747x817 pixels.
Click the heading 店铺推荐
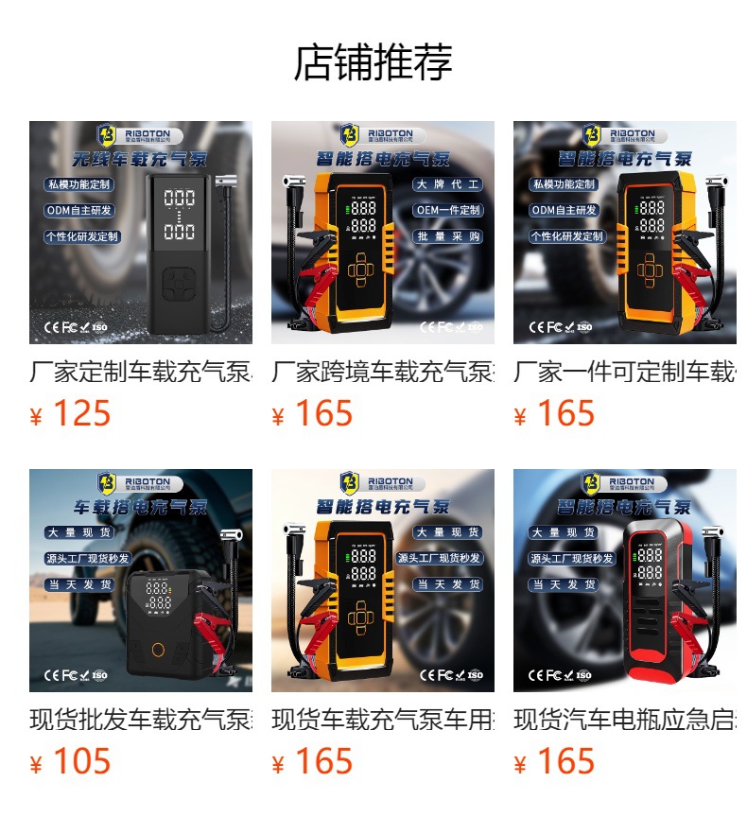373,62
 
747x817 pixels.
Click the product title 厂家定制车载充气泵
141,372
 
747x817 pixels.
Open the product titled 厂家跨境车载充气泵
382,372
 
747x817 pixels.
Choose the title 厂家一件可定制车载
624,372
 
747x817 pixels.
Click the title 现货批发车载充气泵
141,720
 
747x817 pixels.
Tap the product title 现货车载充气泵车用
382,720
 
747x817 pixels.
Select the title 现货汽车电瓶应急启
624,720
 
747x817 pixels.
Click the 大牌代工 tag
448,184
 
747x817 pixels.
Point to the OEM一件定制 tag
448,210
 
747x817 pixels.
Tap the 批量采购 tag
448,236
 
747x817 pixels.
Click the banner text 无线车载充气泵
141,160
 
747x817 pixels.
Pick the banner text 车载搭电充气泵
141,507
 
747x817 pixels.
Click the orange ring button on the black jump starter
158,651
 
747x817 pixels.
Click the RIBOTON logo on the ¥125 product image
141,134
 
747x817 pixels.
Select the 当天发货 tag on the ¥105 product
80,584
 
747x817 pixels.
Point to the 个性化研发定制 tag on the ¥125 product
82,236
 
